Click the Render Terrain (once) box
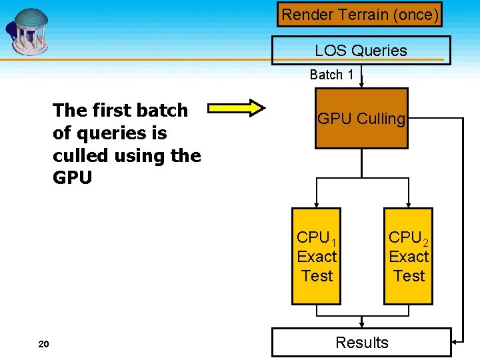click(360, 14)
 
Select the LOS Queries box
click(361, 51)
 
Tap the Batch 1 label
click(331, 75)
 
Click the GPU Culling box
click(361, 119)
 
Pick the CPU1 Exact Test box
click(317, 257)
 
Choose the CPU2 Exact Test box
click(408, 257)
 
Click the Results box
click(361, 343)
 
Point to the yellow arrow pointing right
click(237, 107)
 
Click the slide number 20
click(44, 344)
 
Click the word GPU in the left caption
click(72, 178)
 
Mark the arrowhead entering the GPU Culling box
click(361, 85)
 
